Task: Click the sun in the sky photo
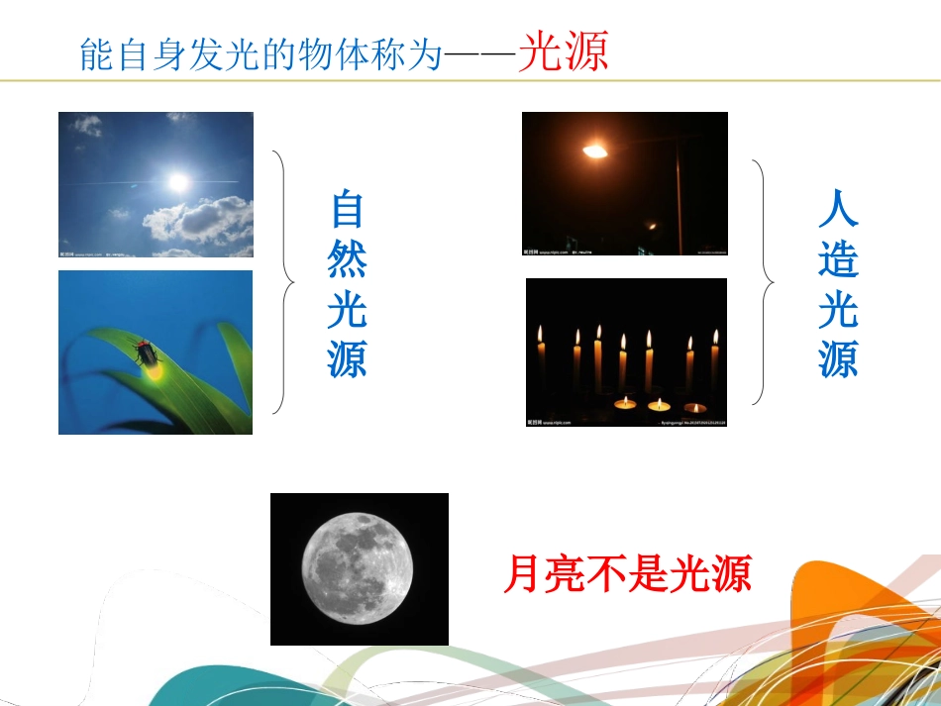pyautogui.click(x=177, y=181)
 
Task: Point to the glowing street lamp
pyautogui.click(x=594, y=151)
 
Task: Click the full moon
pyautogui.click(x=358, y=568)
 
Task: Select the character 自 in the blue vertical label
pyautogui.click(x=348, y=209)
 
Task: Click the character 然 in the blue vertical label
pyautogui.click(x=348, y=259)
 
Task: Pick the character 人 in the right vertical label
pyautogui.click(x=838, y=208)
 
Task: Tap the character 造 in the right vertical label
pyautogui.click(x=838, y=259)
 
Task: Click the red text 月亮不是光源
pyautogui.click(x=627, y=571)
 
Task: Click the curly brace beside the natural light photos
pyautogui.click(x=284, y=281)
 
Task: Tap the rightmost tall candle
pyautogui.click(x=714, y=361)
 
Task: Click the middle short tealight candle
pyautogui.click(x=659, y=404)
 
